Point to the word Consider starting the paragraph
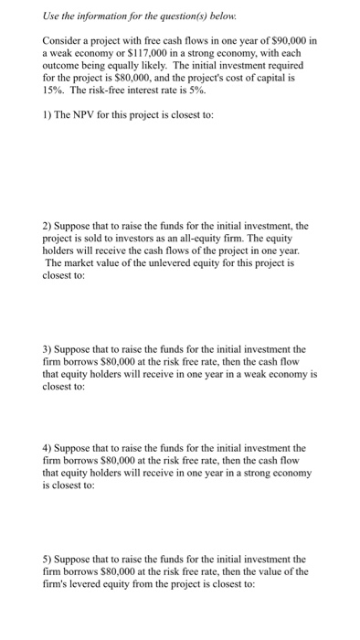coord(63,43)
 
